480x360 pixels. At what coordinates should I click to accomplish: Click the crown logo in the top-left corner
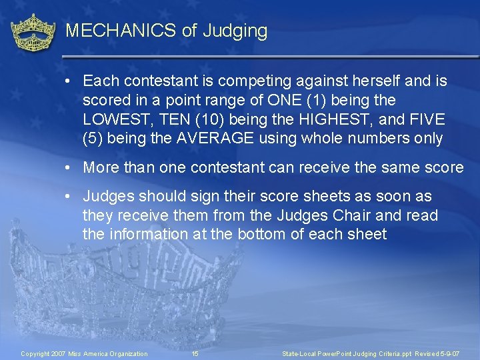coord(33,33)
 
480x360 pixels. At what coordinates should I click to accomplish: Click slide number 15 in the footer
coord(195,353)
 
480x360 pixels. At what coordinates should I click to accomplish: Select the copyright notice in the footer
coord(84,353)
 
